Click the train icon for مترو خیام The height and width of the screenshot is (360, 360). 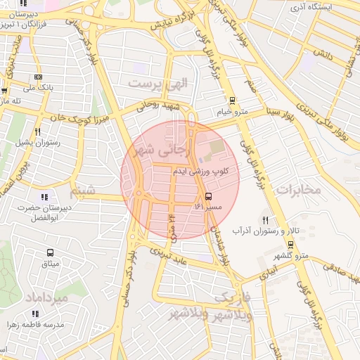point(233,101)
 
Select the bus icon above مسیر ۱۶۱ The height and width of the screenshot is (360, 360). point(207,196)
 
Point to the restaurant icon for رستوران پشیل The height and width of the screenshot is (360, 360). point(37,131)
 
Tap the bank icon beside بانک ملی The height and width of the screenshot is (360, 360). point(37,77)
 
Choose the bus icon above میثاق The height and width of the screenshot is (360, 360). point(50,252)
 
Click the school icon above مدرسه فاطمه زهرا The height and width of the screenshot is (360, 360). point(51,314)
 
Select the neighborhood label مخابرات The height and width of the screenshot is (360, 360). point(298,189)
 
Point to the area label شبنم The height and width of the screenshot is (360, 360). point(83,190)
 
